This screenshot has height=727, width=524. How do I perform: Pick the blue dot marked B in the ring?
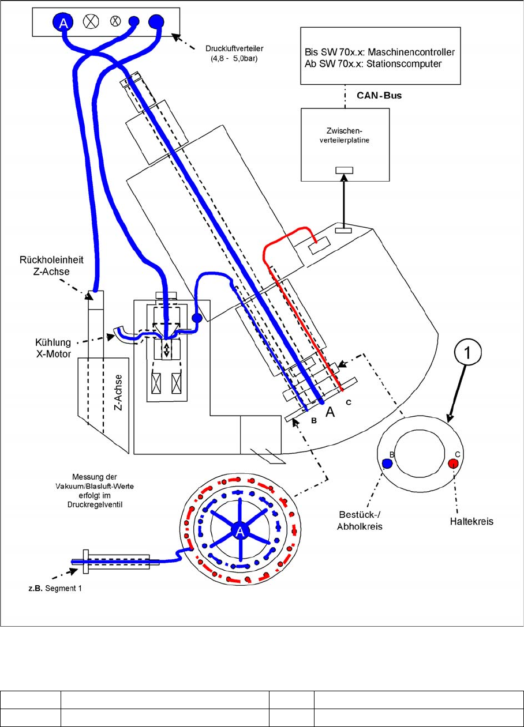(x=387, y=462)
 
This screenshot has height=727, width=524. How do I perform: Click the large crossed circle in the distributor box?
(x=90, y=22)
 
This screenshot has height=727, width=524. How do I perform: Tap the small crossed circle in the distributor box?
(x=115, y=22)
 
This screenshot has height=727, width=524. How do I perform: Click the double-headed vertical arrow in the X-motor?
(x=167, y=350)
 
